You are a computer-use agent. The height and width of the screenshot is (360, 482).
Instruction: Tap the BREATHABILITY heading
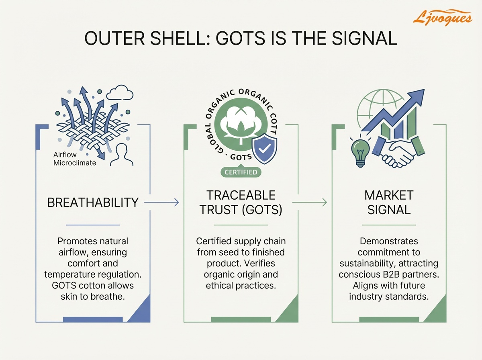click(x=93, y=202)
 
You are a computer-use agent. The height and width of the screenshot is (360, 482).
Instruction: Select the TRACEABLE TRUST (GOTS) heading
click(x=241, y=202)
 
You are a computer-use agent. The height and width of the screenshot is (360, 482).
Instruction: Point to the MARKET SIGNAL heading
click(x=388, y=202)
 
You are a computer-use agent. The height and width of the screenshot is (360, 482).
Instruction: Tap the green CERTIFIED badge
click(x=241, y=172)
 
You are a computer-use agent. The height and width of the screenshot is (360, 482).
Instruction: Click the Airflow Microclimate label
click(x=75, y=159)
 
